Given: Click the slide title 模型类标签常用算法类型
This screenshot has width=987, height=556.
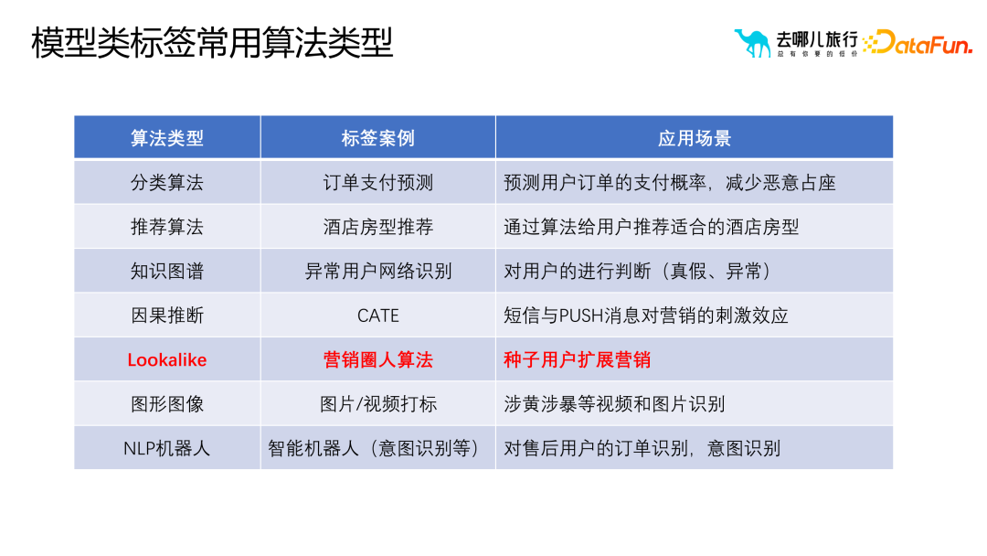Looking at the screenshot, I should pyautogui.click(x=212, y=43).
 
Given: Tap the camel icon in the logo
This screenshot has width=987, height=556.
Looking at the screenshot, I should pyautogui.click(x=752, y=42).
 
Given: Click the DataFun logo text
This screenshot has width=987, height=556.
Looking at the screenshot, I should pyautogui.click(x=918, y=42).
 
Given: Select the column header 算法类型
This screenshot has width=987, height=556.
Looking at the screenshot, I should pyautogui.click(x=167, y=138).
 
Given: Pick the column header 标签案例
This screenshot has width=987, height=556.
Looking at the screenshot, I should pyautogui.click(x=377, y=138).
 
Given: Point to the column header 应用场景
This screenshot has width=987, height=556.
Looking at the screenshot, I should pyautogui.click(x=694, y=138).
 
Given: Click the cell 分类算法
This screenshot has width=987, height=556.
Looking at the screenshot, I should pyautogui.click(x=167, y=182).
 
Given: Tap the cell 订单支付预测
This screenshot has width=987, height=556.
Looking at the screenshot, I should pyautogui.click(x=377, y=182).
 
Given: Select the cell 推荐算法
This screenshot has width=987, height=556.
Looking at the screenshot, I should pyautogui.click(x=167, y=227).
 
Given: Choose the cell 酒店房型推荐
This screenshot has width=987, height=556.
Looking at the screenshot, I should pyautogui.click(x=377, y=227).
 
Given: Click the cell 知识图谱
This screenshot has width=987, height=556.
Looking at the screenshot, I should pyautogui.click(x=167, y=271).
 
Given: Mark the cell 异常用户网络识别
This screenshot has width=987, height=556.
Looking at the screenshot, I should pyautogui.click(x=377, y=271).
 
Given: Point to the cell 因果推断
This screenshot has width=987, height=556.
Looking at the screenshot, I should pyautogui.click(x=167, y=315).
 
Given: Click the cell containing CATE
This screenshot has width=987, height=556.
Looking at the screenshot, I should pyautogui.click(x=377, y=315).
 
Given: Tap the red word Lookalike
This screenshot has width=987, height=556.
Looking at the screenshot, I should pyautogui.click(x=167, y=359).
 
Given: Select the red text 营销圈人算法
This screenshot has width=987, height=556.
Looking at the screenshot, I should pyautogui.click(x=377, y=359).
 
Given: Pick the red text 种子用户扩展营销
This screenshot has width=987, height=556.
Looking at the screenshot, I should pyautogui.click(x=577, y=359).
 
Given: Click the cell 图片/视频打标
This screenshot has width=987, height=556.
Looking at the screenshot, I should pyautogui.click(x=377, y=404).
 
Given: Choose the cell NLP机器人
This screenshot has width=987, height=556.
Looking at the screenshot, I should pyautogui.click(x=167, y=448).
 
